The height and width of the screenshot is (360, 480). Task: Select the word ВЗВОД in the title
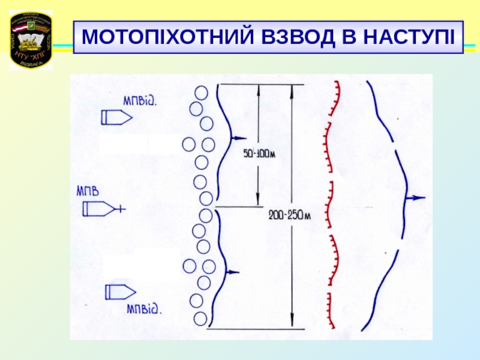(x=300, y=38)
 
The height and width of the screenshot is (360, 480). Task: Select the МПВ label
(x=87, y=193)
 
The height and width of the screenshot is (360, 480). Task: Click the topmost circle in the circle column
(x=202, y=93)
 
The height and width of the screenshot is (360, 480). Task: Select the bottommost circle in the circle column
(x=200, y=317)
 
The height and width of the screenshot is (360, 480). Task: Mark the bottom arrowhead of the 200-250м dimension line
(x=292, y=324)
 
